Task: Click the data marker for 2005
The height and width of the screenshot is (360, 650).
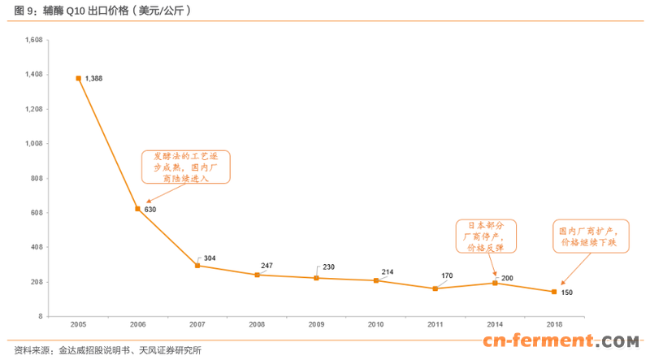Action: click(x=79, y=78)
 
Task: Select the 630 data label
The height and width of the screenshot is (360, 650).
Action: click(x=149, y=210)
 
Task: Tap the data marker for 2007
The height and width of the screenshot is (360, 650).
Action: click(x=197, y=266)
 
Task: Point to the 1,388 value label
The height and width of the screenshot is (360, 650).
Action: click(x=94, y=78)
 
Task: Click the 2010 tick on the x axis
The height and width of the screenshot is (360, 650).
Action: click(x=375, y=324)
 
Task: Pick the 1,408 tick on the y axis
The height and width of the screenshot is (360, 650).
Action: click(x=33, y=75)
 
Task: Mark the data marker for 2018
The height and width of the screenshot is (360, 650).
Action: click(x=554, y=292)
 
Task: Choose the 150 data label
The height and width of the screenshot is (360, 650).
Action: click(x=567, y=292)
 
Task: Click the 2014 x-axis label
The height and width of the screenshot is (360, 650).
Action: click(x=494, y=324)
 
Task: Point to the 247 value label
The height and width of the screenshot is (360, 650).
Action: click(x=267, y=266)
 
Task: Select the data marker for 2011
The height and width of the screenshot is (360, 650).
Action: click(x=435, y=288)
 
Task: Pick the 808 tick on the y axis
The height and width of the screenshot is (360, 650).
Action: click(x=35, y=178)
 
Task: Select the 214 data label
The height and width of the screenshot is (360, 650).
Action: click(x=389, y=271)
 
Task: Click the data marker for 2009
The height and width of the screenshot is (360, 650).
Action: click(x=316, y=278)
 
